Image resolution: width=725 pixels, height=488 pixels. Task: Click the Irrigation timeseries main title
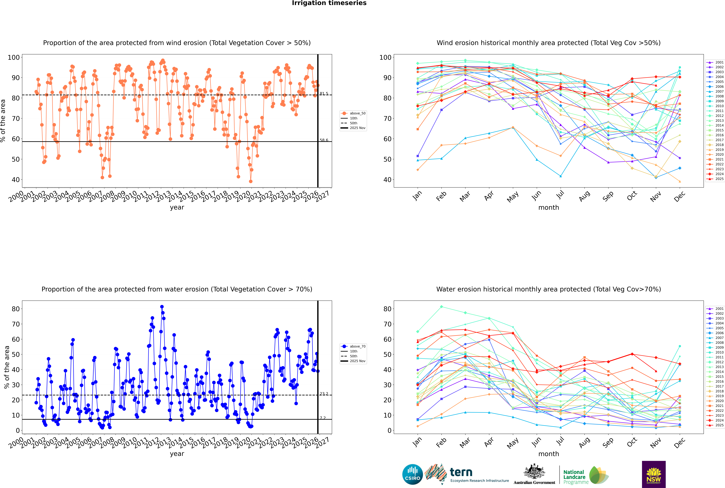(x=329, y=3)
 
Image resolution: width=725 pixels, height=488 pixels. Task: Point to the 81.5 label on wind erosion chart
(x=324, y=93)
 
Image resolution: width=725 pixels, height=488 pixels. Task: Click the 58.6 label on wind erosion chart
(x=324, y=140)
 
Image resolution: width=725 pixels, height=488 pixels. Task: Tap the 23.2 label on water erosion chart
(x=324, y=394)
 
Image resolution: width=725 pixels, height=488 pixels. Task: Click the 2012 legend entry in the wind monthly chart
(x=719, y=116)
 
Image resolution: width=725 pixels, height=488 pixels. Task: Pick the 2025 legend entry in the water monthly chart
(x=719, y=425)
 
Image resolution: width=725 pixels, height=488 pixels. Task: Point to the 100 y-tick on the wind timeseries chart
(x=14, y=57)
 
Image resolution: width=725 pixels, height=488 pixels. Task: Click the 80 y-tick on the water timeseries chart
(x=16, y=309)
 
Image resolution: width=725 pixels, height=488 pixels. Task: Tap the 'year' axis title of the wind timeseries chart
(x=177, y=207)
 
